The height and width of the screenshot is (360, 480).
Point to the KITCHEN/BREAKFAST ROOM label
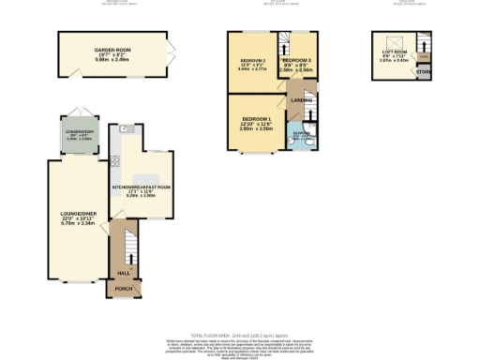pyautogui.click(x=141, y=187)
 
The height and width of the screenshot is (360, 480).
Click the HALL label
pyautogui.click(x=122, y=273)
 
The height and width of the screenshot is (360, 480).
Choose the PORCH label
pyautogui.click(x=122, y=289)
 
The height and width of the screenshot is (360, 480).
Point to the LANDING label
pyautogui.click(x=302, y=98)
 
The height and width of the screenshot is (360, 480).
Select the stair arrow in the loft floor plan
pyautogui.click(x=425, y=44)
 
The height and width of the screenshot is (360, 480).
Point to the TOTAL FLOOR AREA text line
pyautogui.click(x=240, y=335)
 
